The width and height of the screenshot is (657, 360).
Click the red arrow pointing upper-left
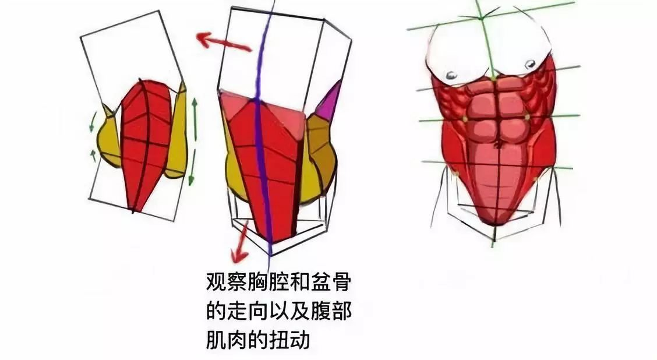point(224,43)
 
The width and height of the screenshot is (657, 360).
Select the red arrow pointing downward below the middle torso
point(240,242)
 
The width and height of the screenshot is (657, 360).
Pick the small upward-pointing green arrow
point(93,156)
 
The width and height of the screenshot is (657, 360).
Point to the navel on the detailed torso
point(498,144)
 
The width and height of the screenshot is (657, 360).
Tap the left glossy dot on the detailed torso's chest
point(451,75)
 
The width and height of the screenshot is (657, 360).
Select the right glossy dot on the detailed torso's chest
point(529,65)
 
